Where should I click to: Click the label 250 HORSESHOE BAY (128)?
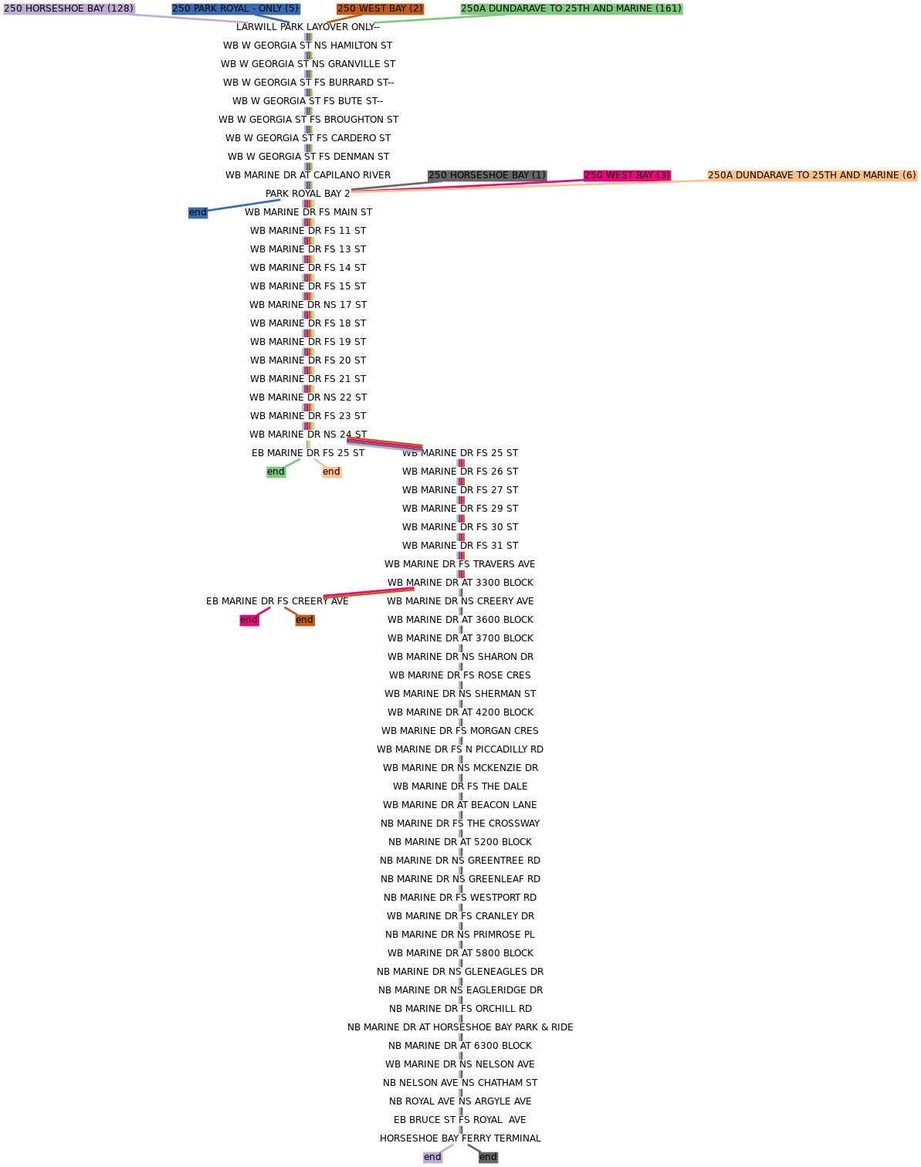click(69, 8)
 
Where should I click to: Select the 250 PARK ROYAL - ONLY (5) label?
click(235, 8)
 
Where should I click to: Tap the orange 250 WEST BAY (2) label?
click(380, 8)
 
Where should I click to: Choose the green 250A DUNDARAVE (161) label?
click(571, 8)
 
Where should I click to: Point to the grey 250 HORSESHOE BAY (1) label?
click(487, 175)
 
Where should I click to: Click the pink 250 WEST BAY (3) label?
click(627, 175)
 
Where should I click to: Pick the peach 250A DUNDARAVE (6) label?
click(812, 175)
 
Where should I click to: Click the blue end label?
click(198, 212)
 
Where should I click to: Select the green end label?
click(276, 472)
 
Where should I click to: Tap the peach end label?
click(331, 472)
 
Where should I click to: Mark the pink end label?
click(249, 620)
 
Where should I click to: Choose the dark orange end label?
click(304, 620)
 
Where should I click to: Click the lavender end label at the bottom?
click(432, 1157)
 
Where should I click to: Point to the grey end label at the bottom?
click(488, 1157)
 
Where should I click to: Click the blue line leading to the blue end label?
click(244, 205)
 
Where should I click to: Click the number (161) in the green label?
click(668, 8)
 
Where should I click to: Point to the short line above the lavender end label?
click(447, 1148)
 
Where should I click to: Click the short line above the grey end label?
click(474, 1148)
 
